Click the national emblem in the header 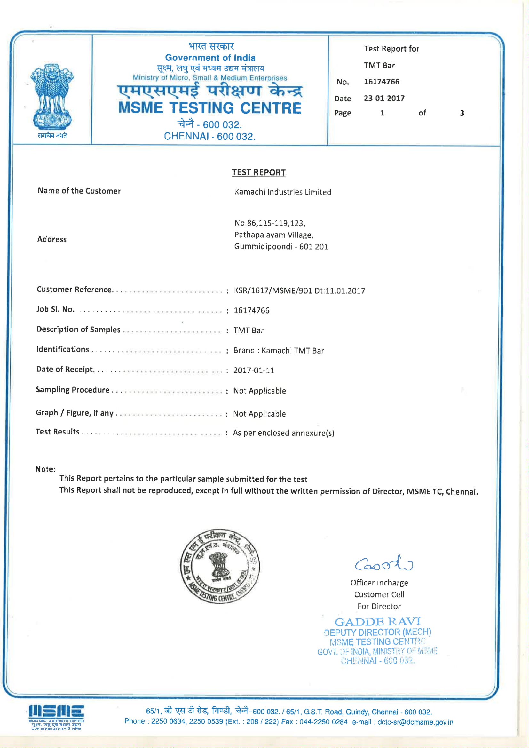tap(52, 98)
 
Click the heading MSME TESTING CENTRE tap(210, 108)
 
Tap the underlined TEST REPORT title tap(259, 172)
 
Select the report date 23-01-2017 tap(384, 99)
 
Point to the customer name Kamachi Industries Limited tap(283, 192)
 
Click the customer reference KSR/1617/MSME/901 tap(273, 290)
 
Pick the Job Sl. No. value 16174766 tap(251, 310)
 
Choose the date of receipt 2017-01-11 tap(254, 370)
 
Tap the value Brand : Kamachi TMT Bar tap(279, 351)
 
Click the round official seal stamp tap(220, 566)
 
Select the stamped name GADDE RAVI tap(377, 622)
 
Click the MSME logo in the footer tap(56, 717)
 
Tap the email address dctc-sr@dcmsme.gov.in tap(415, 722)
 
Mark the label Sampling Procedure tap(73, 390)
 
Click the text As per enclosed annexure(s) tap(283, 433)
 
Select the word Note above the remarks tap(45, 469)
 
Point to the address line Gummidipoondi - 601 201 tap(281, 247)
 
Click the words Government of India tap(210, 58)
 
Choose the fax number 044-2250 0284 tap(323, 722)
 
